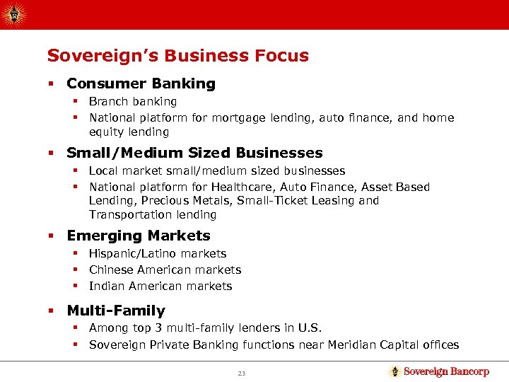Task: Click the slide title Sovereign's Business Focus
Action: (x=177, y=55)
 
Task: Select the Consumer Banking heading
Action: (x=141, y=83)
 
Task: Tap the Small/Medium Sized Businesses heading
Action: (x=194, y=153)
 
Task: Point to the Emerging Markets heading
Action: (x=139, y=236)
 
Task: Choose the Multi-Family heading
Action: (x=116, y=311)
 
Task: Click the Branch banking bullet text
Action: (x=133, y=101)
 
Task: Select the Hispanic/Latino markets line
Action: (x=158, y=253)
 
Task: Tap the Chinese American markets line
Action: (x=165, y=270)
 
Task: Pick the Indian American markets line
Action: (x=160, y=286)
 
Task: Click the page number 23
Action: (x=241, y=373)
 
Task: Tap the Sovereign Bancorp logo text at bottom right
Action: (x=446, y=371)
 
